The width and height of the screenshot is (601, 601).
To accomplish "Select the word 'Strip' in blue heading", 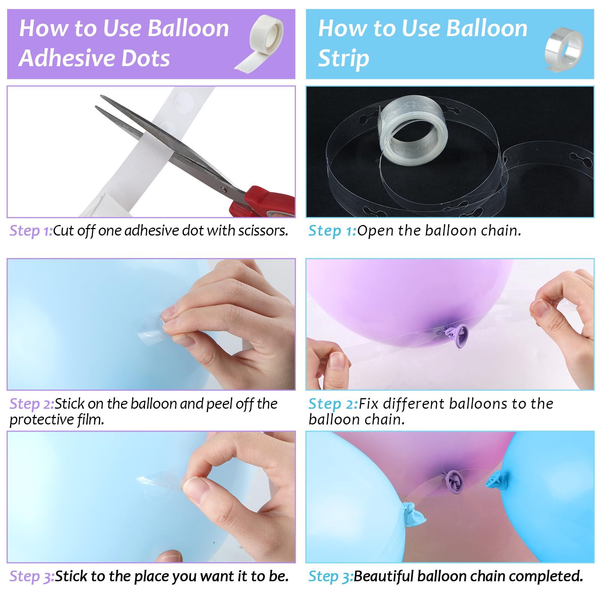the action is pyautogui.click(x=343, y=59).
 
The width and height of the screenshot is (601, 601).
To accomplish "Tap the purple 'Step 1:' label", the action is pyautogui.click(x=31, y=231).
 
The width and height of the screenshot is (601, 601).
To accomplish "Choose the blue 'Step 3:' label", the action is pyautogui.click(x=331, y=576).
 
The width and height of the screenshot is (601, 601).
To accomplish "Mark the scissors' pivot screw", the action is pyautogui.click(x=225, y=190).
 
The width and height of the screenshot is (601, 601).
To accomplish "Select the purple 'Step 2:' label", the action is pyautogui.click(x=32, y=404).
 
